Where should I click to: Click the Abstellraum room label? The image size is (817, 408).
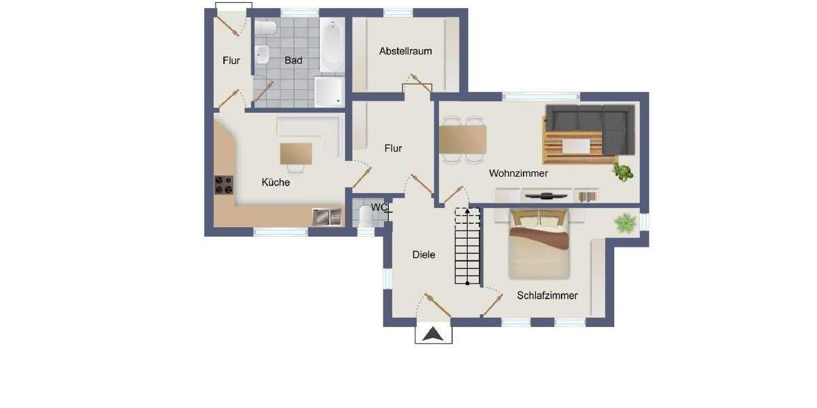(406, 51)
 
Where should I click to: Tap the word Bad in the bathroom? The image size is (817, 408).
(293, 61)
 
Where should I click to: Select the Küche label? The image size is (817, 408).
(276, 182)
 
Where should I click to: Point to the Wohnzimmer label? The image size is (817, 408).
(518, 173)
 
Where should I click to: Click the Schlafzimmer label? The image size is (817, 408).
(547, 295)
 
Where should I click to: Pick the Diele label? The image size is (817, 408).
(423, 254)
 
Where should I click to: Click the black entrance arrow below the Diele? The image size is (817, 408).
(434, 334)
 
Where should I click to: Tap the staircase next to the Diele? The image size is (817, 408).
(468, 248)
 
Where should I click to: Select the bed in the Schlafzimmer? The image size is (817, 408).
(539, 245)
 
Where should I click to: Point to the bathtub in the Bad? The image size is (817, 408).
(332, 46)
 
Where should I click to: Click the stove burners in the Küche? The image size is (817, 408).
(224, 185)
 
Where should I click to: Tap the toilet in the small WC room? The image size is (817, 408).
(366, 216)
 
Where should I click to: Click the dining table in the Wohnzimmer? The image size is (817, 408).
(463, 139)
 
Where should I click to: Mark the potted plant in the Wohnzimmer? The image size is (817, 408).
(622, 171)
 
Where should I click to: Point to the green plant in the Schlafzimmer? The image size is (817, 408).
(625, 222)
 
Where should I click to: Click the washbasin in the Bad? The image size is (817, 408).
(262, 54)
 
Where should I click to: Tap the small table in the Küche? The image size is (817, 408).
(296, 152)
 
